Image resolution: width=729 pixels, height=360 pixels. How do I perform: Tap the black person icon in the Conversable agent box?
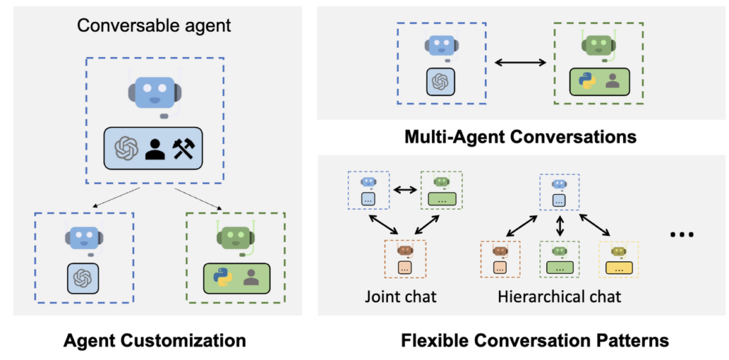154,148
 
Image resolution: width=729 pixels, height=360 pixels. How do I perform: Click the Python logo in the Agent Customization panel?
223,277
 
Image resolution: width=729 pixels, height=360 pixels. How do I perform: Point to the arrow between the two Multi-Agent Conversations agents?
520,62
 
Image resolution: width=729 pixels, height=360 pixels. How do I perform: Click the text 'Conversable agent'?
154,25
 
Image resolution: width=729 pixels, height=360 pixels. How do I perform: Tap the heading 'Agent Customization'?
154,341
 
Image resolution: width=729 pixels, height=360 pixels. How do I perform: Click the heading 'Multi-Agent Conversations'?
520,137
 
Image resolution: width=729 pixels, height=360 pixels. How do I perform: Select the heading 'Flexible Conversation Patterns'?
535,341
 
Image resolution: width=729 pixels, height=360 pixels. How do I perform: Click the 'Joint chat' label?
400,296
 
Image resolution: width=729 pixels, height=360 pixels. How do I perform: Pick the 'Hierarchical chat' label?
560,296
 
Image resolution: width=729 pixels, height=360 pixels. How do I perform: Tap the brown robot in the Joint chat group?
405,252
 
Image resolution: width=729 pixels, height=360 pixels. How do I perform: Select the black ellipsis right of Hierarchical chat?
683,234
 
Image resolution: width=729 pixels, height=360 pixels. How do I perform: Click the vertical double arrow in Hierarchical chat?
560,224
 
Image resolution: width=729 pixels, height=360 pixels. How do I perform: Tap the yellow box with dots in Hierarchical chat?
619,268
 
